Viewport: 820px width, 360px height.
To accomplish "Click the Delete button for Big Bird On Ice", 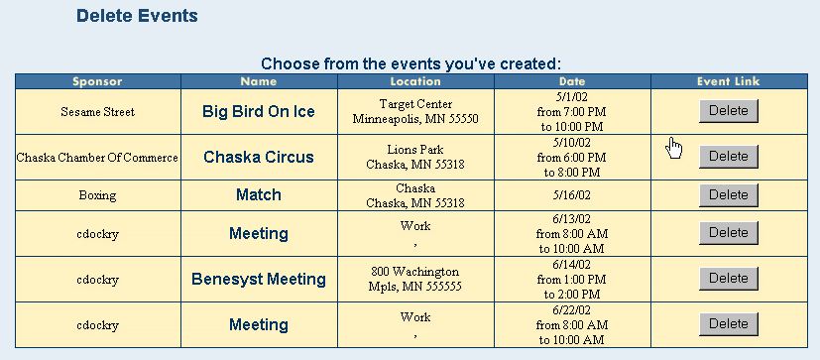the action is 729,111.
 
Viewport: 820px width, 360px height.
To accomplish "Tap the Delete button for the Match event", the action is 729,195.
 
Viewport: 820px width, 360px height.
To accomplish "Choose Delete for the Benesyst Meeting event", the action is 729,279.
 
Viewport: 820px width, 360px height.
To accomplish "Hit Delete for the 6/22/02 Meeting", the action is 729,324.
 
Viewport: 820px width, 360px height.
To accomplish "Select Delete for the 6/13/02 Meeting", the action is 729,233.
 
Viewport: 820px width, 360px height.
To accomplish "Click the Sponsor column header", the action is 97,81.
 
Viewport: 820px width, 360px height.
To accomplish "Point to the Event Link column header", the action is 729,81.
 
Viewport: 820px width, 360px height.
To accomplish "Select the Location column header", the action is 415,81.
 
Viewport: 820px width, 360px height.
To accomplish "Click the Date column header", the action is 572,81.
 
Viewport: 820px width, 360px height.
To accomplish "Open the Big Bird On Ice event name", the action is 259,111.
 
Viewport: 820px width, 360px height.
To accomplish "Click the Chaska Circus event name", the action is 259,157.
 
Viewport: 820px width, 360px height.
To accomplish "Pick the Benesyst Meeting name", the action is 259,279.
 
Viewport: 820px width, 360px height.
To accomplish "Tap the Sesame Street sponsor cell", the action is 98,112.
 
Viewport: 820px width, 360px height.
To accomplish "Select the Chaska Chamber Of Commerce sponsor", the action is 97,158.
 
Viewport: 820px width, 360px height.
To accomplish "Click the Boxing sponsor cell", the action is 97,195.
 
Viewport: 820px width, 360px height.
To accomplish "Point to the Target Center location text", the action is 415,104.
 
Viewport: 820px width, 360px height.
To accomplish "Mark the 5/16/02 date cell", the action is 572,195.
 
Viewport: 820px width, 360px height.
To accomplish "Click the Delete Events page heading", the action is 137,16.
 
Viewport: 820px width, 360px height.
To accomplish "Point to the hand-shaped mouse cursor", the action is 674,148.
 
